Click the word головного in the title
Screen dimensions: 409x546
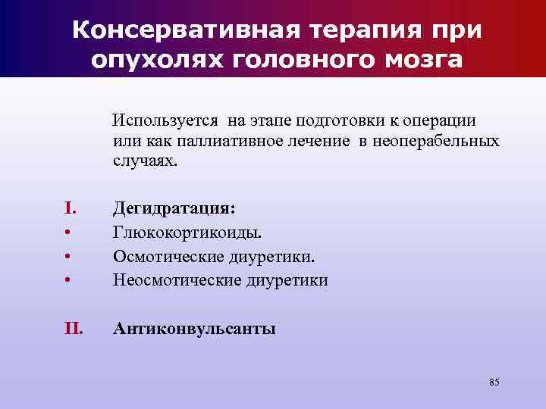click(x=302, y=60)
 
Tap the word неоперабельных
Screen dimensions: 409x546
click(x=440, y=141)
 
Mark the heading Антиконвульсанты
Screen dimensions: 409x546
click(x=194, y=329)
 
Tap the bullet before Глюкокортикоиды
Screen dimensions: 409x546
click(x=67, y=232)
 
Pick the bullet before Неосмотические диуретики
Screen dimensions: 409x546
click(x=67, y=280)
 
